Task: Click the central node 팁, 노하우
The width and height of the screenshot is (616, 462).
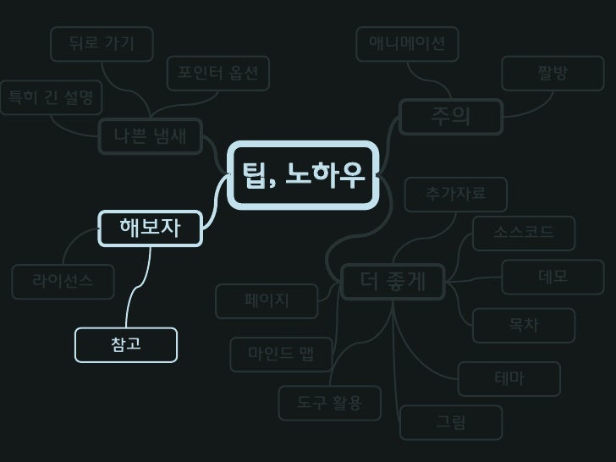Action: [x=303, y=175]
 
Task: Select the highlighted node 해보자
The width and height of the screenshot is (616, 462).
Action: [x=151, y=228]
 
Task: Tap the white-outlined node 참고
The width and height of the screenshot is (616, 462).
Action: [x=126, y=344]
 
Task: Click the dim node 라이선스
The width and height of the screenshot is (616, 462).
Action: [x=63, y=282]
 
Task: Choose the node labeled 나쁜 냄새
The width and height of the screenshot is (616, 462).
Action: [x=151, y=136]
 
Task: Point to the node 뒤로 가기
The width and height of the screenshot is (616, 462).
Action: [x=102, y=44]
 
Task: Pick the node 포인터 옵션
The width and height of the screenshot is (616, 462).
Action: [x=217, y=73]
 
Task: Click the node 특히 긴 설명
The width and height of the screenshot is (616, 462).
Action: [x=50, y=97]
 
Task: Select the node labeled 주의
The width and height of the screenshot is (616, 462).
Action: [x=451, y=117]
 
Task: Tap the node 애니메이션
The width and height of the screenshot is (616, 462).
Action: [x=407, y=44]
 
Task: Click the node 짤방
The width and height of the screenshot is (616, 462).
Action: [x=553, y=74]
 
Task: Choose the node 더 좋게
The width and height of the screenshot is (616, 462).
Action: [x=393, y=282]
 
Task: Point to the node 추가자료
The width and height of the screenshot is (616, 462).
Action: [x=456, y=195]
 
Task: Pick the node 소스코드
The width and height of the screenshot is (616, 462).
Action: [x=524, y=233]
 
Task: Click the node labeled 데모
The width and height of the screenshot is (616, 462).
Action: [x=553, y=278]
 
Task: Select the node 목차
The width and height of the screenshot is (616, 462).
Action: [x=524, y=326]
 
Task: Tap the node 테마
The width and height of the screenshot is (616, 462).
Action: [x=509, y=379]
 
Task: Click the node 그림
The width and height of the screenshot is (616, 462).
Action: [x=451, y=422]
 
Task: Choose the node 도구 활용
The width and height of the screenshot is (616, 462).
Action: [x=330, y=403]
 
